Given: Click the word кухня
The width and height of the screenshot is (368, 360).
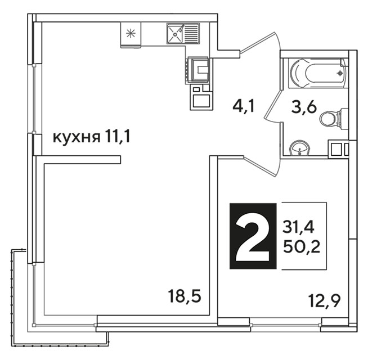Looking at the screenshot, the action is tap(77, 138).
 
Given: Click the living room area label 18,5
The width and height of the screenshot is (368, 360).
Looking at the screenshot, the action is tap(185, 296).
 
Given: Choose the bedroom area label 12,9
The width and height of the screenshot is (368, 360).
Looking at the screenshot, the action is tap(325, 300).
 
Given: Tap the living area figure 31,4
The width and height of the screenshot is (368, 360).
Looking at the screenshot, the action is tap(298, 227).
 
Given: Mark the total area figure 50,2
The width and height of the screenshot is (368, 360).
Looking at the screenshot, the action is tap(302, 246).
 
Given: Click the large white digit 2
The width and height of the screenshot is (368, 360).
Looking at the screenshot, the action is tap(253, 236).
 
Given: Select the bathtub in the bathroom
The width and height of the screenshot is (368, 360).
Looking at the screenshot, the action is tap(318, 73).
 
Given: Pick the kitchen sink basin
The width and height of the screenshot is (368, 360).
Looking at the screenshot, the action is tap(175, 34).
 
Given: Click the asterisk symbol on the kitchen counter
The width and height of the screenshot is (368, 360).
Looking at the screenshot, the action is tap(131, 33).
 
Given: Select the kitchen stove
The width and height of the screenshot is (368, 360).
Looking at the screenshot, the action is tap(198, 70).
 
